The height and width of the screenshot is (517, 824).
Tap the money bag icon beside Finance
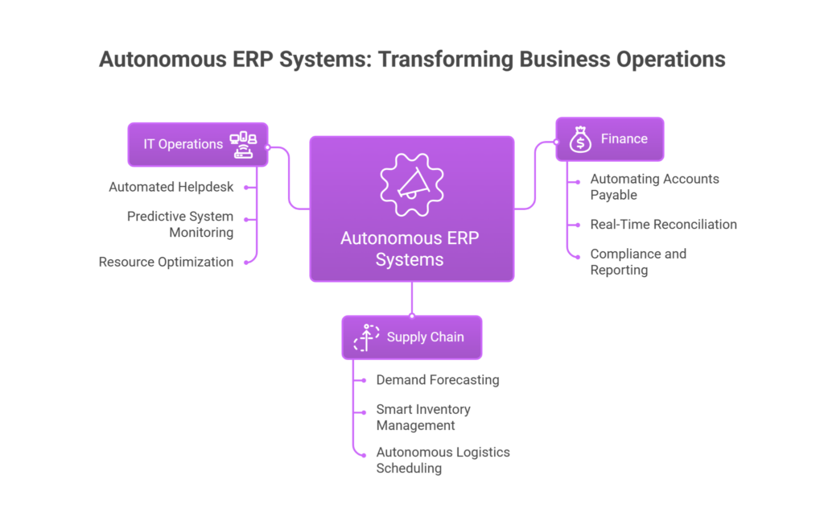coord(580,139)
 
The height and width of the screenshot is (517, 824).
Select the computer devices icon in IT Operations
coord(244,144)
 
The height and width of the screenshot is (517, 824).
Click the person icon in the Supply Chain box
coord(367,337)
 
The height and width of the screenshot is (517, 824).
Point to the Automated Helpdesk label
coord(171,187)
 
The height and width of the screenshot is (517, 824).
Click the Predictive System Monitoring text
coord(180,224)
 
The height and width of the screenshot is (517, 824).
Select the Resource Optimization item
coord(166,262)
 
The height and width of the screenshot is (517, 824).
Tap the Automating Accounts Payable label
coord(654,187)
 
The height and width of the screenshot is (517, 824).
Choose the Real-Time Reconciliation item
coord(662,225)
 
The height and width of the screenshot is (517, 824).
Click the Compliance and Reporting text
coord(638,262)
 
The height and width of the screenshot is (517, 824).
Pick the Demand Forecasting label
coord(438,380)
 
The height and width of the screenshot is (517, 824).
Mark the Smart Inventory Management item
coord(423,417)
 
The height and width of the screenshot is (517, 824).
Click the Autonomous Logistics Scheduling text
coord(443,460)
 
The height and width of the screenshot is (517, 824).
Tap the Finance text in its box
coord(624,139)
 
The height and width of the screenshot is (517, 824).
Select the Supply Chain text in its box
coord(425,337)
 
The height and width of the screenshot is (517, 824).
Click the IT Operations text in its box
coord(183,144)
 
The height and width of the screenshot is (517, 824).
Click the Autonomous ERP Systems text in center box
coord(411,249)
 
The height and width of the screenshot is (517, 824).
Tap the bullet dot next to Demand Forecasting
coord(355,380)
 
